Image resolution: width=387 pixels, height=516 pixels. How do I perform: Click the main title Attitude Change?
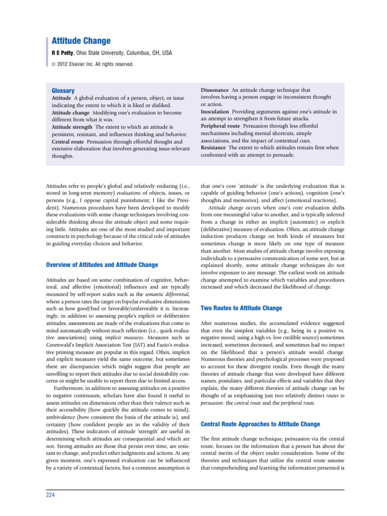pos(81,41)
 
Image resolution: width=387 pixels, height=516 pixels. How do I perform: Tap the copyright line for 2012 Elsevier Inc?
pos(93,64)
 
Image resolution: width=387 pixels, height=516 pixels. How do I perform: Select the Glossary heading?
pos(63,90)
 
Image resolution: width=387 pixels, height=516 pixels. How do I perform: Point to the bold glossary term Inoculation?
pos(215,111)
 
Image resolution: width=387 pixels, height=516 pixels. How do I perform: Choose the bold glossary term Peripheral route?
pos(220,125)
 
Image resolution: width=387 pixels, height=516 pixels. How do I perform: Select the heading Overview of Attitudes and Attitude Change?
pos(102,265)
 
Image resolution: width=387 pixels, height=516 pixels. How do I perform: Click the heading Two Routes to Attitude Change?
pos(241,307)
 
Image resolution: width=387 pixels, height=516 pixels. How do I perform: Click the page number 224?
pos(50,495)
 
